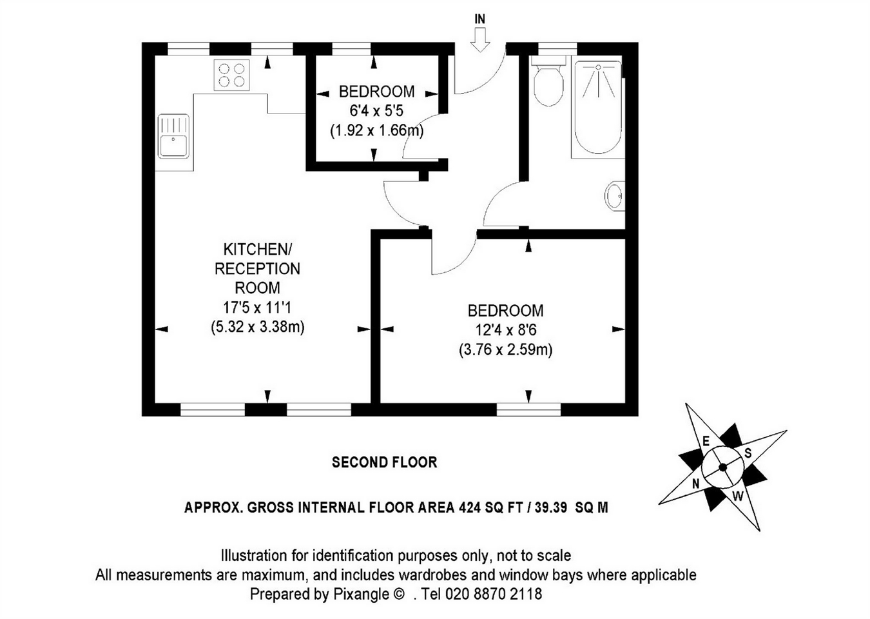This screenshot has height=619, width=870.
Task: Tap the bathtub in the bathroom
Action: [x=597, y=108]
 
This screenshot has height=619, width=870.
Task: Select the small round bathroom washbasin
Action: [x=614, y=195]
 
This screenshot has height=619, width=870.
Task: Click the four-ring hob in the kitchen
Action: [x=232, y=75]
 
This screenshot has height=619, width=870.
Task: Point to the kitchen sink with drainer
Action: [x=173, y=135]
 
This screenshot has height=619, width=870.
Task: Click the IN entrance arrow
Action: [x=479, y=36]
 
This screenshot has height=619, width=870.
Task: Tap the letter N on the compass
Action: [x=696, y=483]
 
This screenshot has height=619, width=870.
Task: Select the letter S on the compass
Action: [x=748, y=453]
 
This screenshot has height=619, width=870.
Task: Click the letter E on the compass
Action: [x=706, y=442]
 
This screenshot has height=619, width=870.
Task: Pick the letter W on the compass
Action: [x=739, y=496]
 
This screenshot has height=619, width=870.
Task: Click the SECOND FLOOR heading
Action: [x=384, y=462]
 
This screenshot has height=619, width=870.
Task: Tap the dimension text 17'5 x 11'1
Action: [x=257, y=308]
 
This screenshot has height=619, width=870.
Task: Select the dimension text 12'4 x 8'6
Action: [x=506, y=330]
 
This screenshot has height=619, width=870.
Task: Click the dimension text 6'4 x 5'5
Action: [x=376, y=111]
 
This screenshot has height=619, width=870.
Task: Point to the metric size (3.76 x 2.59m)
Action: [x=506, y=350]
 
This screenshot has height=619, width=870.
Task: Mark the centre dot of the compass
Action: [x=722, y=467]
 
